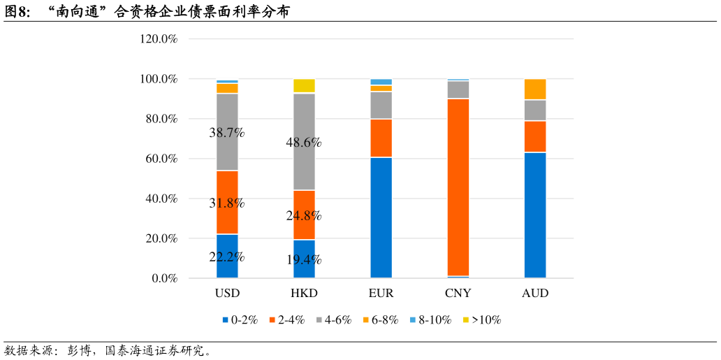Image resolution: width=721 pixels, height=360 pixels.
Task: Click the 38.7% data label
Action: click(227, 132)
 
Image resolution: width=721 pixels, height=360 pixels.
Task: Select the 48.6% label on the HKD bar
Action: click(304, 143)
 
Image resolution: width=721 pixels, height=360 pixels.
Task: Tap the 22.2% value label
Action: click(227, 257)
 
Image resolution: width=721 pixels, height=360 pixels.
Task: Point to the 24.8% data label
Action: click(304, 215)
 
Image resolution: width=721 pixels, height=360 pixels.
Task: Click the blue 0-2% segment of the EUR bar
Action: click(381, 217)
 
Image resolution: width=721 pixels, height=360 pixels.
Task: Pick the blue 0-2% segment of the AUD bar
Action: click(535, 215)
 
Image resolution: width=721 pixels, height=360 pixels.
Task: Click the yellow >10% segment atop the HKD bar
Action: click(304, 86)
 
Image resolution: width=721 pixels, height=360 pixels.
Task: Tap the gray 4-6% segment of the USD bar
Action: click(227, 112)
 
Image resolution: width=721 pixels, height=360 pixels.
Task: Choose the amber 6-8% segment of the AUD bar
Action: click(535, 89)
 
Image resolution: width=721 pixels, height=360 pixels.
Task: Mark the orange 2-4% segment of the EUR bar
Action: click(381, 138)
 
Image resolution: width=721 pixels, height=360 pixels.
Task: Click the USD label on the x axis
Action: click(227, 294)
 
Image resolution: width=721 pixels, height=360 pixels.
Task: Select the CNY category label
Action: click(458, 294)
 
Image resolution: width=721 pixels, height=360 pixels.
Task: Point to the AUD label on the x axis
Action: click(535, 294)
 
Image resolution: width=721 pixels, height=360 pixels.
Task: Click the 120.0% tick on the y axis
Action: click(159, 39)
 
